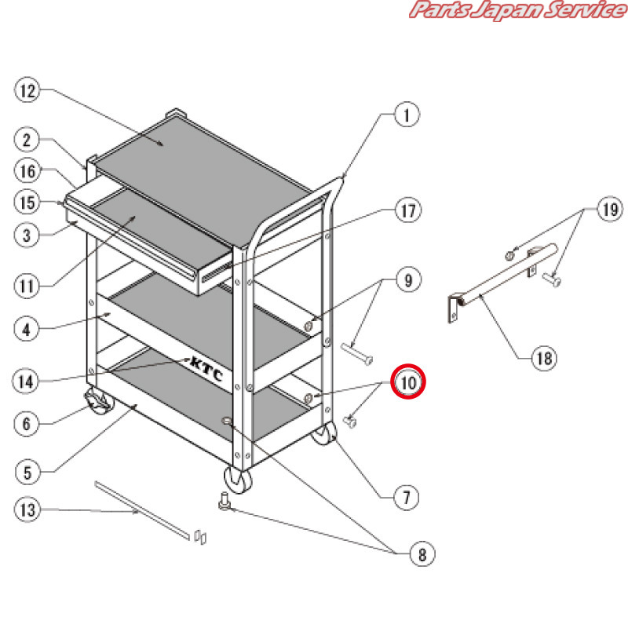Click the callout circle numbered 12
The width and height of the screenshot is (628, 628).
pyautogui.click(x=27, y=91)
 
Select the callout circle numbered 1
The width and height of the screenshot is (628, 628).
pyautogui.click(x=406, y=116)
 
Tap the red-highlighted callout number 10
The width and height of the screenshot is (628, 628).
pyautogui.click(x=407, y=382)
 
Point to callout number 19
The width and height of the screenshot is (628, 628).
pyautogui.click(x=609, y=210)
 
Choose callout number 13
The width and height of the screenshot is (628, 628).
pyautogui.click(x=27, y=509)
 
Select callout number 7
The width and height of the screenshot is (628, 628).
pyautogui.click(x=406, y=496)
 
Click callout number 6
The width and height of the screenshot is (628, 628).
pyautogui.click(x=27, y=424)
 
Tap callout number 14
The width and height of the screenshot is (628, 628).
pyautogui.click(x=27, y=382)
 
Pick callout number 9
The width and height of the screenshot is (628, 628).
pyautogui.click(x=407, y=279)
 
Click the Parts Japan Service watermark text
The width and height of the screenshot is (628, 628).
pyautogui.click(x=515, y=10)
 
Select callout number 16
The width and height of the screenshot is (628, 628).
pyautogui.click(x=27, y=171)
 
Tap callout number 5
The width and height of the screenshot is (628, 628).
pyautogui.click(x=27, y=472)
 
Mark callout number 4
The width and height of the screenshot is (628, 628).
pyautogui.click(x=27, y=329)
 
